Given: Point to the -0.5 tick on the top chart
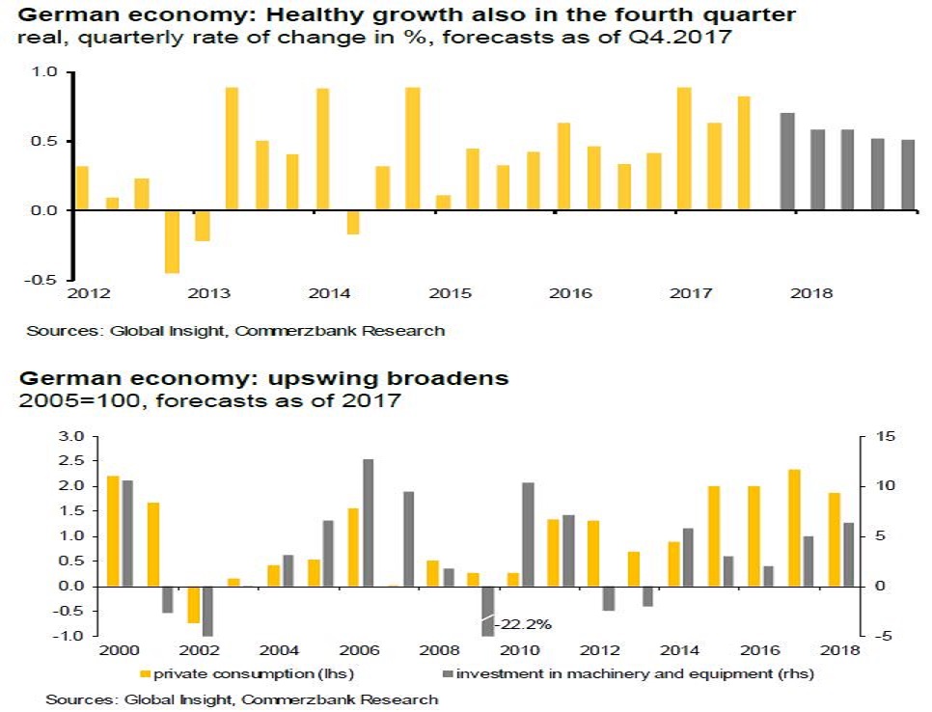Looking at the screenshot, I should tap(45, 280).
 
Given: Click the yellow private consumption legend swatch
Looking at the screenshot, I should tap(147, 674).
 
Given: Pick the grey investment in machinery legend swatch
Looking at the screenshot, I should tap(447, 674).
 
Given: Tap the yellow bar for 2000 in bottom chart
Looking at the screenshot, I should tap(113, 531).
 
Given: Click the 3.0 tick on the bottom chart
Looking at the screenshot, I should tap(71, 437).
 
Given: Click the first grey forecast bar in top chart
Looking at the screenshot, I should tap(787, 161).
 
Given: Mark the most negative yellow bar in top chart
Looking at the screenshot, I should tap(172, 241).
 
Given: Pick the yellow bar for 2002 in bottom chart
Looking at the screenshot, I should tap(193, 604).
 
